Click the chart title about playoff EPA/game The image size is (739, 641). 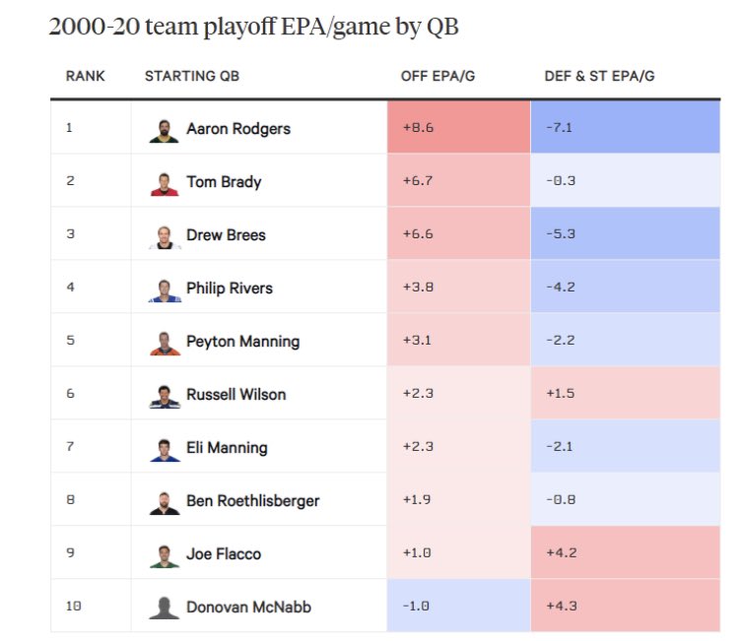(x=253, y=27)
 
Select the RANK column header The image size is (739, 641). (x=85, y=76)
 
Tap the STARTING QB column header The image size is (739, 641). (x=191, y=76)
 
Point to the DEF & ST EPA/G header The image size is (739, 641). (x=599, y=76)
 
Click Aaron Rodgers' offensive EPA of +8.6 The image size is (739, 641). (x=458, y=128)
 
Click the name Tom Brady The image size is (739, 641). (x=224, y=182)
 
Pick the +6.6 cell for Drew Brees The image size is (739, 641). (x=458, y=234)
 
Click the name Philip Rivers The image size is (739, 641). (x=230, y=288)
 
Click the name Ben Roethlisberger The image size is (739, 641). (x=252, y=501)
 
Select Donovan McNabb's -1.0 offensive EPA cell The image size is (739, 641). (x=458, y=607)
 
